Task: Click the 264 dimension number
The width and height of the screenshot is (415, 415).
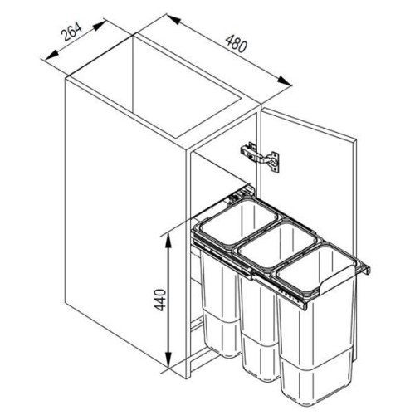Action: coord(71,32)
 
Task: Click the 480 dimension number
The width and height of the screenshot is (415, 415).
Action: coord(236,43)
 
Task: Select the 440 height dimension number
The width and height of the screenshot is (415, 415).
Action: coord(159,300)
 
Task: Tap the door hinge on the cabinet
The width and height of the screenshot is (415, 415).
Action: coord(260,157)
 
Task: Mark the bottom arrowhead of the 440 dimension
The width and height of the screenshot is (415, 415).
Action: coord(168,360)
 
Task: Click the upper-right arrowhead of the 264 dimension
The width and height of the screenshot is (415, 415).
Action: coord(99,25)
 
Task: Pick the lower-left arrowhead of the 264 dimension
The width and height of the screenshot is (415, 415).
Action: coord(51,55)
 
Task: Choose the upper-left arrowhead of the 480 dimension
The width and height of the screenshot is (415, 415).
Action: coord(173,19)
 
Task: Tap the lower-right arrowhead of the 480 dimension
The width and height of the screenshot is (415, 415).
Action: coord(285,81)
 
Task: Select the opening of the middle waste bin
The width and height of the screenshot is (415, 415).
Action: coord(276,247)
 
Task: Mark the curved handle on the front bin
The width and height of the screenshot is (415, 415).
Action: coord(336,280)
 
